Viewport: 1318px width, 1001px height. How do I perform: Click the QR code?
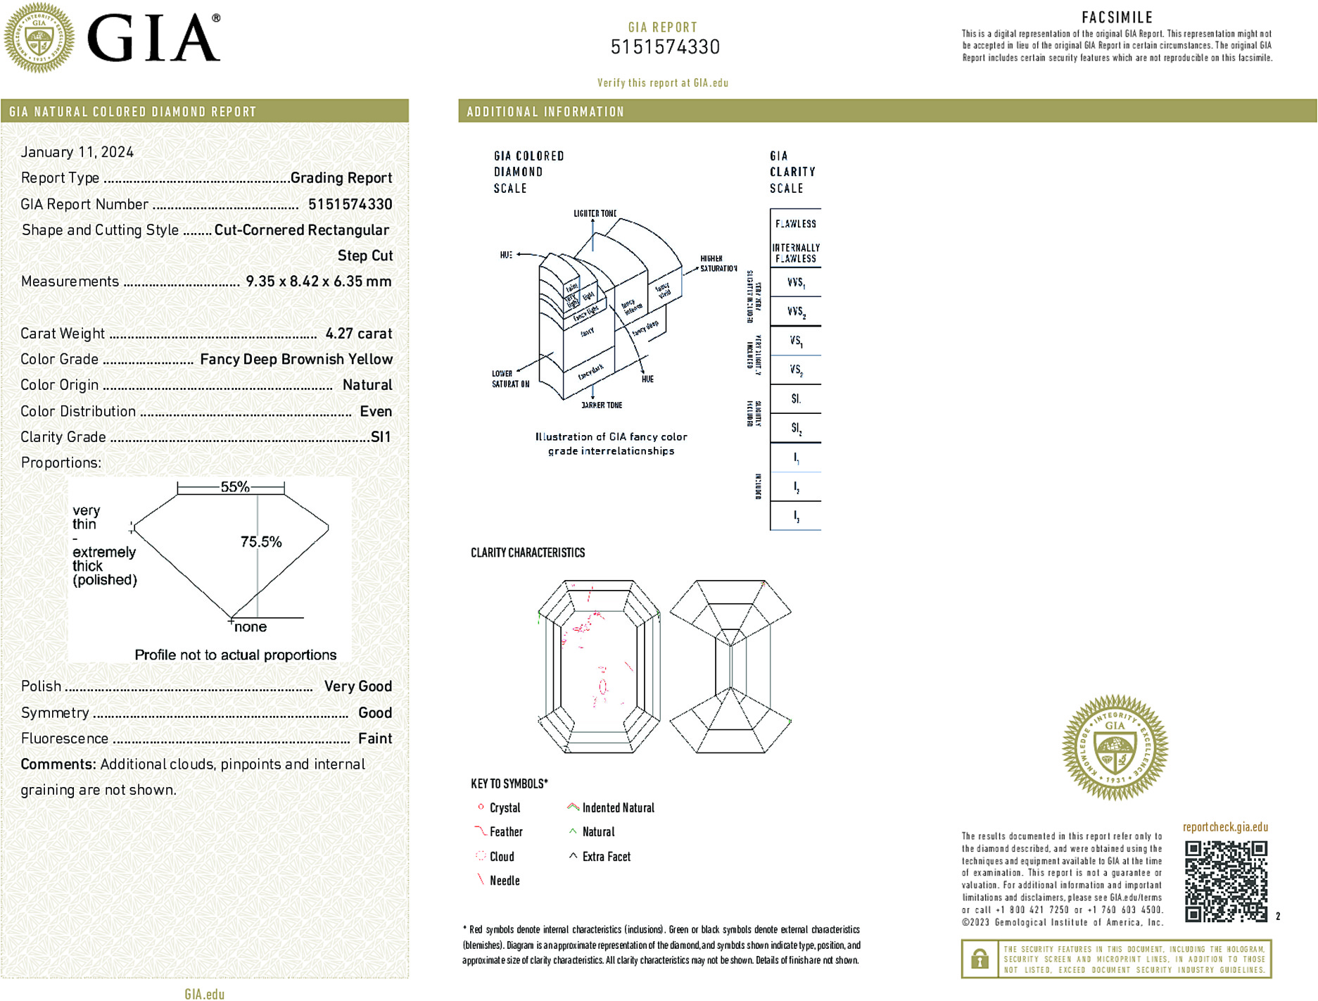click(1225, 881)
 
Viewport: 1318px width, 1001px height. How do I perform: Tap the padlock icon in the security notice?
click(979, 959)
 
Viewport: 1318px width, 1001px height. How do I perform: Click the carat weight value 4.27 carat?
click(358, 334)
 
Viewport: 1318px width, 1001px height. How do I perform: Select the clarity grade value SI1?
click(381, 437)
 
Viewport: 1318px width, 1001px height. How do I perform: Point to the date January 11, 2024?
click(77, 152)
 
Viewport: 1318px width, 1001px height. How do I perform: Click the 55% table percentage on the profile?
click(234, 486)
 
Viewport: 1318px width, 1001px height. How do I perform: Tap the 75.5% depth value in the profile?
click(261, 542)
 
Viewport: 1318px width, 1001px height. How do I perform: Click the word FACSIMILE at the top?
click(1117, 18)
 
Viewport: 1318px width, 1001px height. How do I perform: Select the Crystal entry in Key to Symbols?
click(505, 808)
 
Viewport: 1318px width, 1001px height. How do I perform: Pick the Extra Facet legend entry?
click(606, 857)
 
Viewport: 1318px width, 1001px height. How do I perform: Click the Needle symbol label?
click(505, 881)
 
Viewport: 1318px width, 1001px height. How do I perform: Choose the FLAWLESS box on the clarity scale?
click(796, 224)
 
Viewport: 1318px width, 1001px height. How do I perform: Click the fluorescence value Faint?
click(375, 738)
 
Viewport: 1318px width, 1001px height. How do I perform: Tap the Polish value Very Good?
click(357, 686)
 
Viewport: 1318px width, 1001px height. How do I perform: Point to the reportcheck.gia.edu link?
click(1225, 827)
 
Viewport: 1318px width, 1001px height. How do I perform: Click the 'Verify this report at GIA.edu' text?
click(662, 83)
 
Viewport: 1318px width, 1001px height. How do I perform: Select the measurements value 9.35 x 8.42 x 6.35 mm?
click(318, 282)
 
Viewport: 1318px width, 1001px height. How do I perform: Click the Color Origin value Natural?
click(367, 385)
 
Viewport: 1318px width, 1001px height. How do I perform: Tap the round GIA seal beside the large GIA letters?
click(39, 38)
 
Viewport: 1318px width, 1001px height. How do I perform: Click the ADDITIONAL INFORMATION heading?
click(545, 112)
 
